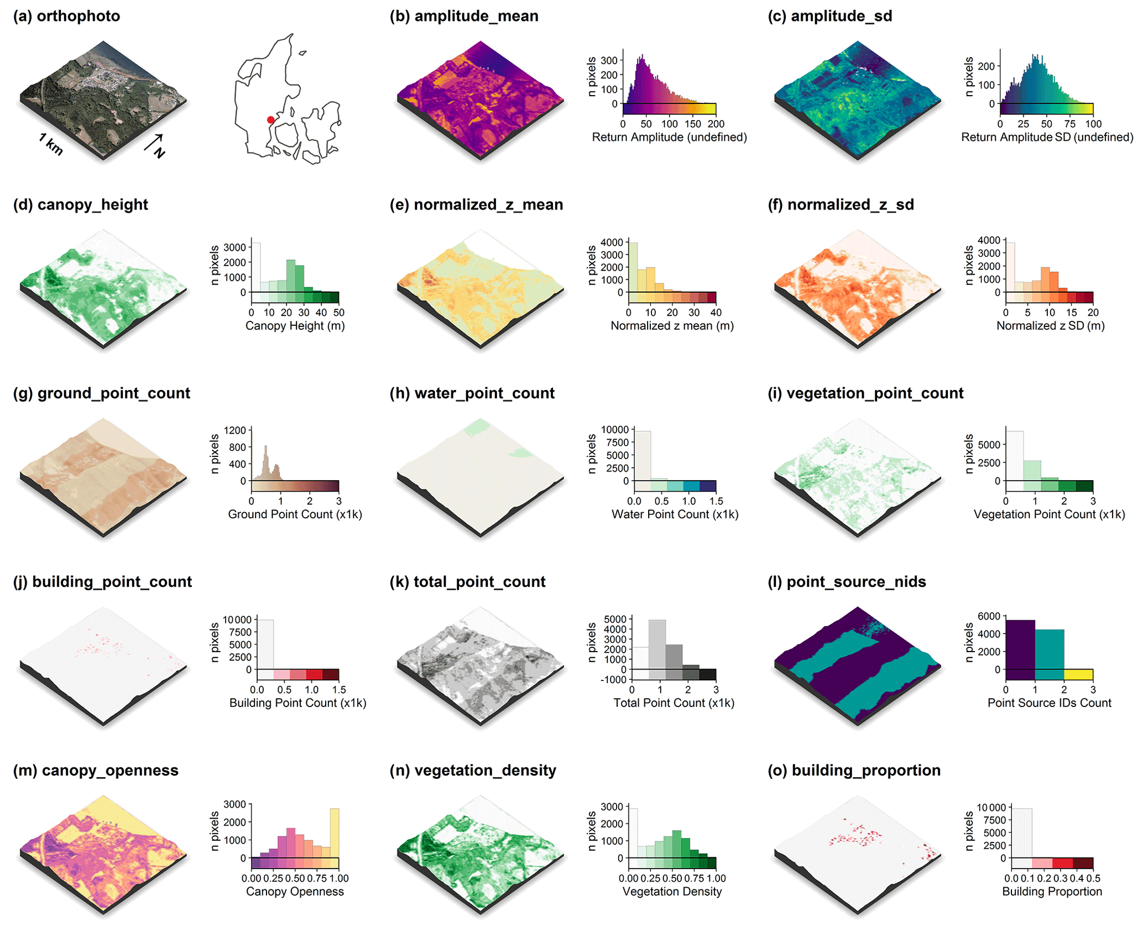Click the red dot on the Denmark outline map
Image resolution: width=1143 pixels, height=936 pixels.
tap(270, 119)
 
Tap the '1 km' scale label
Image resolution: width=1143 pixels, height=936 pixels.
tap(51, 144)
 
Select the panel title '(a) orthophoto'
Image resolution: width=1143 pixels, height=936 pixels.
tap(66, 16)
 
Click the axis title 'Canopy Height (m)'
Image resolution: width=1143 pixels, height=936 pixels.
tap(295, 326)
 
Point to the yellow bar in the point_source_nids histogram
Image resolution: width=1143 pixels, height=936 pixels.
tap(1078, 674)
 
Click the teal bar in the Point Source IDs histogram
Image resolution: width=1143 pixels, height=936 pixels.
tap(1049, 653)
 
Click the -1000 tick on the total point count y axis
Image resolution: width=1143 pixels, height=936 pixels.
tap(613, 679)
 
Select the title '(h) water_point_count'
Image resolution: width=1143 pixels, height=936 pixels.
tap(472, 393)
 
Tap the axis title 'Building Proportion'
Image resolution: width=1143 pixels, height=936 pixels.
tap(1052, 892)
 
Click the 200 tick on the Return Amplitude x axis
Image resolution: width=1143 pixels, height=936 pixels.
tap(716, 124)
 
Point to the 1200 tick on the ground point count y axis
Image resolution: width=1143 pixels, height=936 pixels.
tap(234, 430)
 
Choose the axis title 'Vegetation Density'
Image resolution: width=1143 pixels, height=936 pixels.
tap(672, 892)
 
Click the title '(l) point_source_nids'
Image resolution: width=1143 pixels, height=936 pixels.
tap(847, 582)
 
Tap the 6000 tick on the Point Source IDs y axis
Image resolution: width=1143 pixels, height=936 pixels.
tap(989, 616)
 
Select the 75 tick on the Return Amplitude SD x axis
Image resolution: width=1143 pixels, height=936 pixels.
tap(1069, 124)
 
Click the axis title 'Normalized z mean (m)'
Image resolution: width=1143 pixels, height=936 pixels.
tap(672, 326)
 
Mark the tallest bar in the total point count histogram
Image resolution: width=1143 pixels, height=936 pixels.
tap(657, 644)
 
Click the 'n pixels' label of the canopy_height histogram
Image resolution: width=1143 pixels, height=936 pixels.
tap(215, 266)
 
